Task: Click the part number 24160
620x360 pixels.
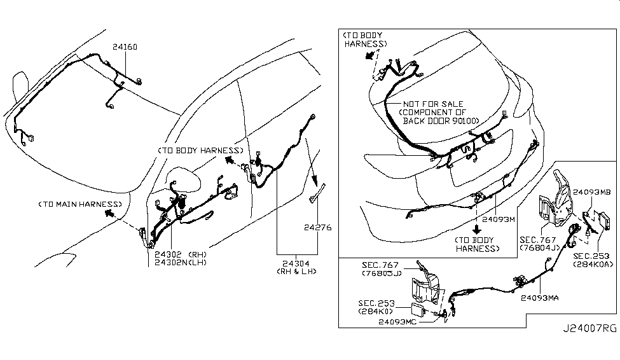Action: [125, 46]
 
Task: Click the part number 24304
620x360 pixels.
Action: [293, 262]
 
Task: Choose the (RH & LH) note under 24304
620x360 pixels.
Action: [293, 271]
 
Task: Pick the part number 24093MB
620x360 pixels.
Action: [592, 191]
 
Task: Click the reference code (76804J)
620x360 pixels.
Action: [538, 248]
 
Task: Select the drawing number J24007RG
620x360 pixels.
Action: [589, 347]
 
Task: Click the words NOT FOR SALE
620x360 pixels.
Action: [432, 104]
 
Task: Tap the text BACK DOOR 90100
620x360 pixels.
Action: [440, 121]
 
